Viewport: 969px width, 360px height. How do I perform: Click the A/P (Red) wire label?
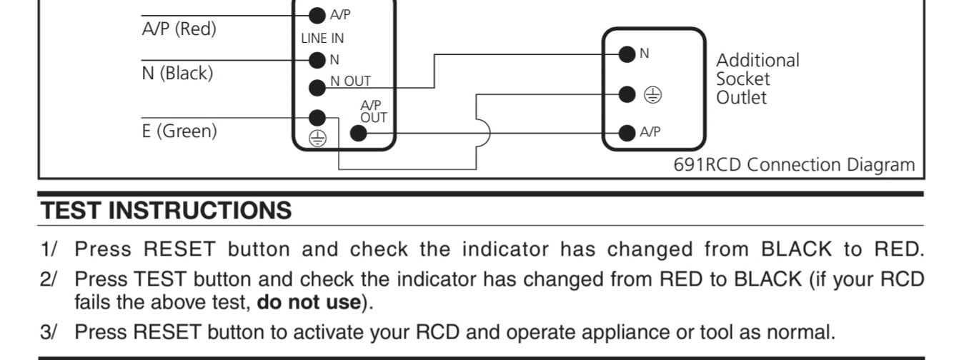[179, 29]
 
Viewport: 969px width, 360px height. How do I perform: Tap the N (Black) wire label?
[177, 73]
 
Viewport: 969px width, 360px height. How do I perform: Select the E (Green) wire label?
[179, 131]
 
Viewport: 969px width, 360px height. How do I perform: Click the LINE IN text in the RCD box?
[322, 37]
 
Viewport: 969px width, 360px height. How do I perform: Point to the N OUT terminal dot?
[317, 88]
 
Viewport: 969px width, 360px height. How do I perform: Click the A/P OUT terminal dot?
[358, 133]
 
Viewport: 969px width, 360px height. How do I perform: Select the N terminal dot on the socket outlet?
[627, 54]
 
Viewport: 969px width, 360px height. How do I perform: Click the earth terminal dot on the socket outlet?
[627, 94]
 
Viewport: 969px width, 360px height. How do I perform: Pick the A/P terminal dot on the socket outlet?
[627, 133]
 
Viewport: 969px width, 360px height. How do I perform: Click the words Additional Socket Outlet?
[757, 79]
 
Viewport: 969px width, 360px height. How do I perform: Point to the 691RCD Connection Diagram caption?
[794, 165]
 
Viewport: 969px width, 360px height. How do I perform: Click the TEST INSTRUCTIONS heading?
[167, 211]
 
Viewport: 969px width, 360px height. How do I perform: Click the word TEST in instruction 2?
[162, 278]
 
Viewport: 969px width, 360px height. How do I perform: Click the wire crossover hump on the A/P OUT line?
[484, 133]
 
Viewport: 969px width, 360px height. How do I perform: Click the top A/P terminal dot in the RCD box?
[317, 15]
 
